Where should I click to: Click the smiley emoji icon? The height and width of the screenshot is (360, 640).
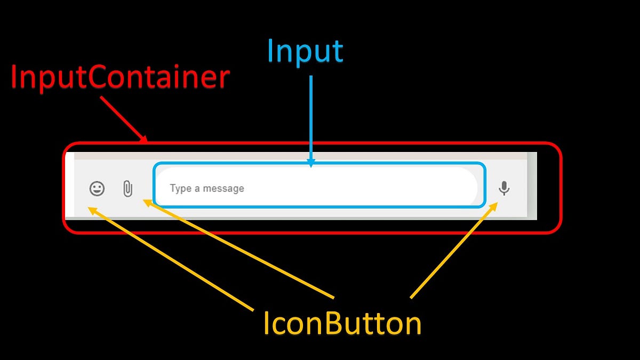pyautogui.click(x=97, y=188)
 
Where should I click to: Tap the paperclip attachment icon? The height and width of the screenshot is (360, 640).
pyautogui.click(x=127, y=189)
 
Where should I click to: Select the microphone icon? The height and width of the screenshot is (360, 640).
pyautogui.click(x=504, y=188)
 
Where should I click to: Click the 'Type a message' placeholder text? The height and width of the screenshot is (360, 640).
pyautogui.click(x=207, y=188)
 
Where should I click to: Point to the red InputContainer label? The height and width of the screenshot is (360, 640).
pyautogui.click(x=120, y=78)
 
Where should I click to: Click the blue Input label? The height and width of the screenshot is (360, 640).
pyautogui.click(x=305, y=52)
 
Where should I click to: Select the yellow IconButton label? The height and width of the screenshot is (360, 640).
pyautogui.click(x=342, y=324)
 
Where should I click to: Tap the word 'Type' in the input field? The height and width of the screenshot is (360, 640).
pyautogui.click(x=180, y=188)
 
